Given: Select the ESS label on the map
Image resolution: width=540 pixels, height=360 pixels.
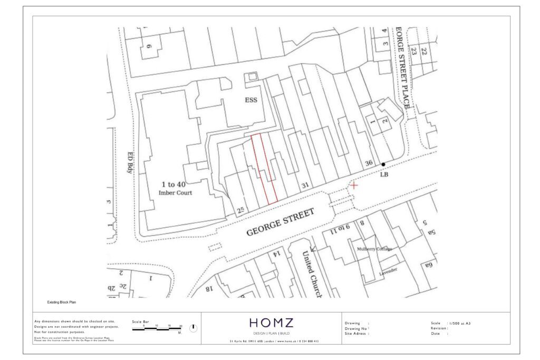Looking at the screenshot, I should tap(250, 100).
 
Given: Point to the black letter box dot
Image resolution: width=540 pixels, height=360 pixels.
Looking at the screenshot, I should tap(383, 164).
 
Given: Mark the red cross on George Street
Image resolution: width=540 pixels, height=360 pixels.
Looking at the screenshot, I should tap(353, 185).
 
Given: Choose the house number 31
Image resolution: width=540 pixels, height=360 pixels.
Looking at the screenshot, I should tap(304, 185).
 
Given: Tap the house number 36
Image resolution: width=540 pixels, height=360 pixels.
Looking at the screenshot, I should tap(369, 162).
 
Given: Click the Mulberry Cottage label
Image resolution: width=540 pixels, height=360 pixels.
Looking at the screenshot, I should tap(374, 249).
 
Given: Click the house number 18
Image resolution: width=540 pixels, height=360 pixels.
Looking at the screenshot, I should tap(209, 288).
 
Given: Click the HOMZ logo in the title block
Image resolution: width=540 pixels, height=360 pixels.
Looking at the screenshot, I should tap(271, 323).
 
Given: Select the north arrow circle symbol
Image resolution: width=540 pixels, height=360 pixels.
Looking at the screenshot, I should tap(193, 328).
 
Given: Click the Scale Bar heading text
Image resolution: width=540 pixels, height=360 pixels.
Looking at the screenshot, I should tap(140, 321).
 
